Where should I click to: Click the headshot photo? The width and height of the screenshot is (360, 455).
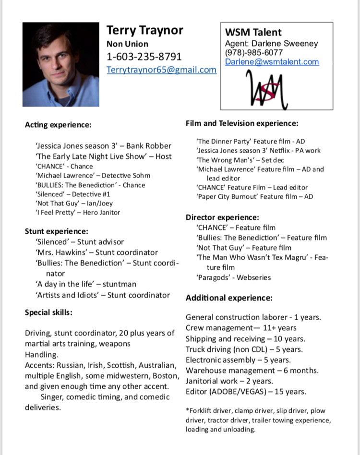coord(61,64)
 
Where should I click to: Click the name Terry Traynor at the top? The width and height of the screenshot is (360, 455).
coord(144,31)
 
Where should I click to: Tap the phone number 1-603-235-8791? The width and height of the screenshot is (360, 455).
coord(144,57)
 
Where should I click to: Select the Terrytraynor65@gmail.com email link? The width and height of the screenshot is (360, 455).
coord(161,70)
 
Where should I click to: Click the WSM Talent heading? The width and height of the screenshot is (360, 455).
coord(253,33)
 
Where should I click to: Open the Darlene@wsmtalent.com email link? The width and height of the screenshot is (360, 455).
coord(272,61)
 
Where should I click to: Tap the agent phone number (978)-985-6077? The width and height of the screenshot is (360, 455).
coord(254,52)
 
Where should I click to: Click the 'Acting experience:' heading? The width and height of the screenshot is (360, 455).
coord(58,125)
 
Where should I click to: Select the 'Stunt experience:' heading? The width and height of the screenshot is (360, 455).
coord(57,231)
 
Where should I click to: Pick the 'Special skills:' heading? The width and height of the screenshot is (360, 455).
coord(48,312)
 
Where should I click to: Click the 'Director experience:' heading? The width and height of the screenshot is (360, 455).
coord(223,217)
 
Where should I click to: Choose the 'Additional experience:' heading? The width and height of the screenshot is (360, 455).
coord(229,298)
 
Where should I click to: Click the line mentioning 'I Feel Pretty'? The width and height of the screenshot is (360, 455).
coord(78,212)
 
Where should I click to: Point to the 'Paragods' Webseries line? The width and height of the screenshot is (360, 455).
coord(234,277)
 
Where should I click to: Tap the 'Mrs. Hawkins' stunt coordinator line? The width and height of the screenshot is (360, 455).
coord(96,252)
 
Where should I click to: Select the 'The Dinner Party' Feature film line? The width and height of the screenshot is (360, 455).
coord(251,142)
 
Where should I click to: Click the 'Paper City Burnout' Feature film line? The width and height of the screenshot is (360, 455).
coord(254,196)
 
